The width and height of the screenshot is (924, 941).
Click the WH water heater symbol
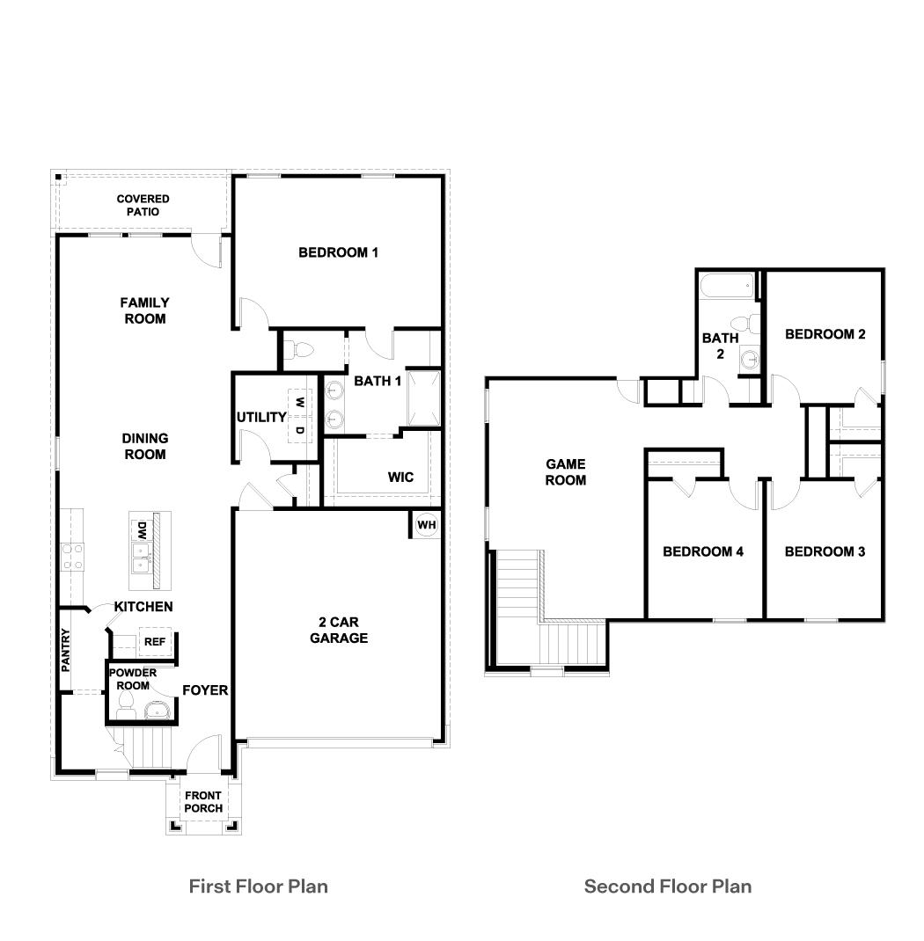tap(427, 525)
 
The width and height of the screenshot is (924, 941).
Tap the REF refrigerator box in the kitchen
tap(154, 642)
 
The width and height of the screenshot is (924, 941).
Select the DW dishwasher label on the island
tap(141, 530)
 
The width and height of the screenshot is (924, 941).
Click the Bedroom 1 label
tap(338, 252)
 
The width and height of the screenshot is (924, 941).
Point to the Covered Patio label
tap(143, 205)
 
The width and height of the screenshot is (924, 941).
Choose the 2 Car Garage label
tap(338, 630)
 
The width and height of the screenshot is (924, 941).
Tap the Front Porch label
tap(203, 802)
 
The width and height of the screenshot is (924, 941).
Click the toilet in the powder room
tap(124, 704)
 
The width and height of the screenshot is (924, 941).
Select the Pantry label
tap(66, 650)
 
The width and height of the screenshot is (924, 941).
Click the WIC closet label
tap(400, 478)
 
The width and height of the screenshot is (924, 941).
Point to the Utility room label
tap(261, 417)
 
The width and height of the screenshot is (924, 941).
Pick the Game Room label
tap(565, 471)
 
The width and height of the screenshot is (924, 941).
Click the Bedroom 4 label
tap(703, 551)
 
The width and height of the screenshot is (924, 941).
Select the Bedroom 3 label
tap(825, 551)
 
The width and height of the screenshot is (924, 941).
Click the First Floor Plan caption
tap(258, 886)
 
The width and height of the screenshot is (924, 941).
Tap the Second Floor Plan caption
tap(668, 886)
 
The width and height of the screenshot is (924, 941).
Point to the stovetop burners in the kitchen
tap(71, 555)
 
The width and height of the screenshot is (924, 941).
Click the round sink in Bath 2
tap(749, 358)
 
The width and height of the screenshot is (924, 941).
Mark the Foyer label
tap(205, 690)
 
